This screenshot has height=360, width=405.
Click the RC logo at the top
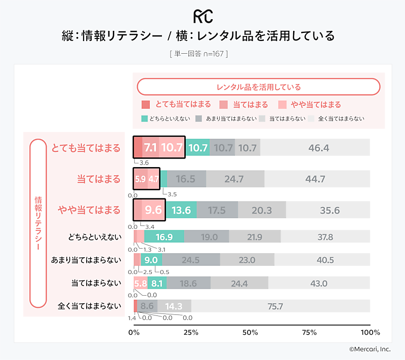202,16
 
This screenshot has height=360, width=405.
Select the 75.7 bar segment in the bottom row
276,306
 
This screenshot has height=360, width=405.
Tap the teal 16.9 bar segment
164,236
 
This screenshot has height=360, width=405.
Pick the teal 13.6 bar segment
181,210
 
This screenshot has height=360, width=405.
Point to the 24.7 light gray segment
234,179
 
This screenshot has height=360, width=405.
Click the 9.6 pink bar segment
153,210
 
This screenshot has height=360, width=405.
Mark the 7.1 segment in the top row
150,148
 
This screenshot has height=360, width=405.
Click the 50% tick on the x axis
250,333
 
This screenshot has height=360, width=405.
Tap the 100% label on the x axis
370,333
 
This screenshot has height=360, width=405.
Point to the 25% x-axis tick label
190,333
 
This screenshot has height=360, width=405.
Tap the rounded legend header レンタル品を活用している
258,87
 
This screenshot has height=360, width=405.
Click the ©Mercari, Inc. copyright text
370,349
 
